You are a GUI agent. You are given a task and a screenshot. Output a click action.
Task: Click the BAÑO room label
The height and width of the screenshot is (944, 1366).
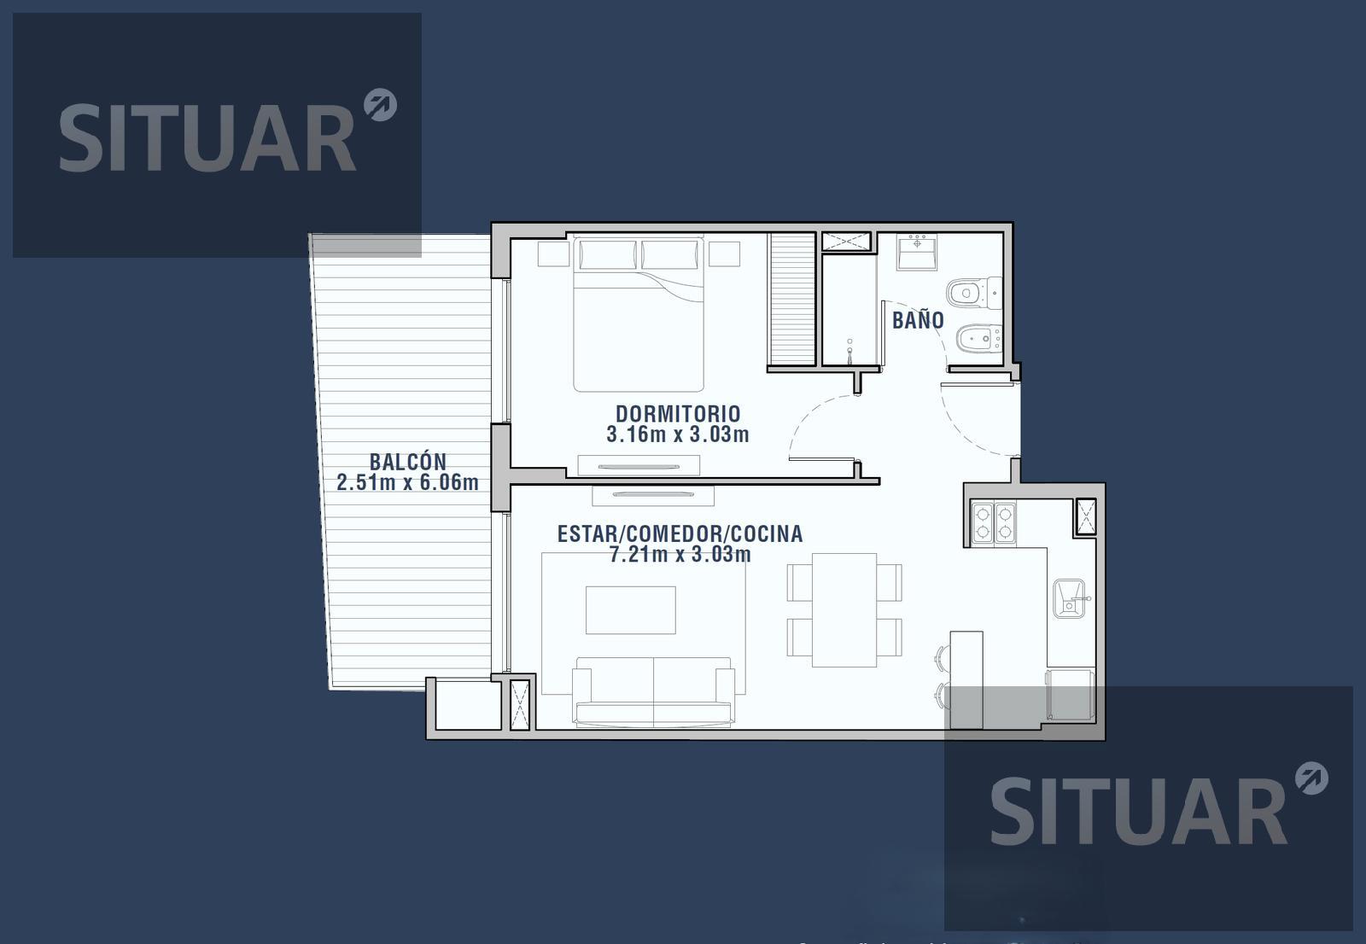point(918,319)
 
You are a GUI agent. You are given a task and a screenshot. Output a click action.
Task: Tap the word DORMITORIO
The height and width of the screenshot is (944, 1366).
point(678,414)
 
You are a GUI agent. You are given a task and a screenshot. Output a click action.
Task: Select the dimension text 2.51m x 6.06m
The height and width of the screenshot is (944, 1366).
point(407,482)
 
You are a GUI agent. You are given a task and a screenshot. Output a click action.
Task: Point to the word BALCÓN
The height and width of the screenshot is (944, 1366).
point(408,461)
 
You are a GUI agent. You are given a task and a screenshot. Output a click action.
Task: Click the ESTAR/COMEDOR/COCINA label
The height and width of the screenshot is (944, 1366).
point(680,534)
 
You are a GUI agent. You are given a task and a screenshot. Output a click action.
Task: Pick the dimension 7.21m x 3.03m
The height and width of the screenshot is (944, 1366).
point(680,554)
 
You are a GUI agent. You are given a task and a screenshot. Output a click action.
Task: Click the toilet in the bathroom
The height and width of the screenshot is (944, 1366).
point(974,293)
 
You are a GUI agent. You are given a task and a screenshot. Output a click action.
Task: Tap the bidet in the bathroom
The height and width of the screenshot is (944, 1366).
point(978,339)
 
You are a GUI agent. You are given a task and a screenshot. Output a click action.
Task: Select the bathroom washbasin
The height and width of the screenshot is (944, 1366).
point(917,252)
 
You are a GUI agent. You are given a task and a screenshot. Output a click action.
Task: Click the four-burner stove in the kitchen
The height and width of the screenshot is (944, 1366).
point(994,522)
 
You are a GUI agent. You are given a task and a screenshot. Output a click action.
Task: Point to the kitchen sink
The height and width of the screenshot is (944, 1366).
point(1071,598)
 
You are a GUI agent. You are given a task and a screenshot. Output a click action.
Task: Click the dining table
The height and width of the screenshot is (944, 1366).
point(844,609)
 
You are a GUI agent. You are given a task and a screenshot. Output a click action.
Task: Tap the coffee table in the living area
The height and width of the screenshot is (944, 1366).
point(631,609)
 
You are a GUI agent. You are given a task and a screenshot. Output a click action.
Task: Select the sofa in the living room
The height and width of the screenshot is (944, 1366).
point(653,692)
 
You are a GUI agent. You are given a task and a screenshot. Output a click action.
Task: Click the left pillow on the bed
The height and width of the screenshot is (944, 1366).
point(607,254)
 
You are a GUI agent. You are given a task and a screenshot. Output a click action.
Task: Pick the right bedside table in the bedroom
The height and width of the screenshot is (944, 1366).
point(724,253)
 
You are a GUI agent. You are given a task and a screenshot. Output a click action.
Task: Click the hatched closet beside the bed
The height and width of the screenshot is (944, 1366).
point(792,299)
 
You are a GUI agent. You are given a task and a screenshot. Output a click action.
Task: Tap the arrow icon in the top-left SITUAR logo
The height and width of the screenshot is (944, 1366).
point(381,105)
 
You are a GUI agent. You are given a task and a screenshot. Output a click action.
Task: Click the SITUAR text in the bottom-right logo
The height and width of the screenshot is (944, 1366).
point(1139,811)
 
